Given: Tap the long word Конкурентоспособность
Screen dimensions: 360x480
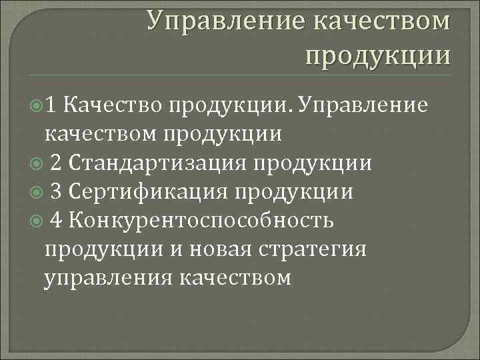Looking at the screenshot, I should point(201,221).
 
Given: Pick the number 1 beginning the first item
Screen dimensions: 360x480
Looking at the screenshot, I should point(54,105).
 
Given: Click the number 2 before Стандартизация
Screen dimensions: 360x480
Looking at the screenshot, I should point(57,163).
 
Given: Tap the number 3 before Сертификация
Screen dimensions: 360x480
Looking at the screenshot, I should point(57,192).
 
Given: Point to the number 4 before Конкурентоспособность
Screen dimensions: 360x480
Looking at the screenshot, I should point(57,221).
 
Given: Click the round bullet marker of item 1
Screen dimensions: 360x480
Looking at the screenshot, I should point(38,105).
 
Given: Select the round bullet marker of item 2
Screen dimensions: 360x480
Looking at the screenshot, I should point(38,163).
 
